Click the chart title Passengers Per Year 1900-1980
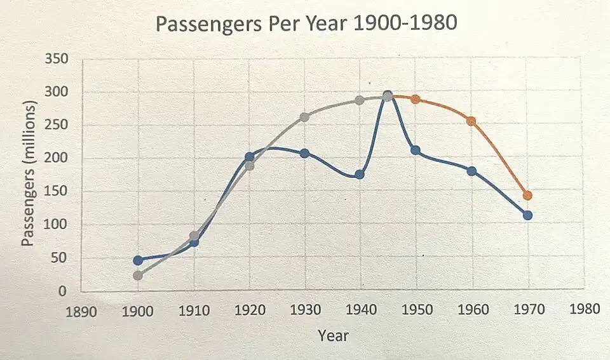[x=306, y=25]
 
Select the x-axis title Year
[x=333, y=335]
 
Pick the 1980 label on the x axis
[x=585, y=309]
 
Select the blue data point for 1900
[x=138, y=260]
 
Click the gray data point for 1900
[x=138, y=276]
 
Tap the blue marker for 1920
[x=250, y=157]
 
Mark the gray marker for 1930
[x=304, y=117]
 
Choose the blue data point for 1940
[x=360, y=175]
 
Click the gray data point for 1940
[x=360, y=100]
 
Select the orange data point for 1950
[x=416, y=100]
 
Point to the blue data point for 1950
[x=416, y=150]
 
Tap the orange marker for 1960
[x=471, y=121]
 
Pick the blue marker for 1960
[x=471, y=171]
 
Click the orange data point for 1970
[x=527, y=196]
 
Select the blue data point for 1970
[x=527, y=215]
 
